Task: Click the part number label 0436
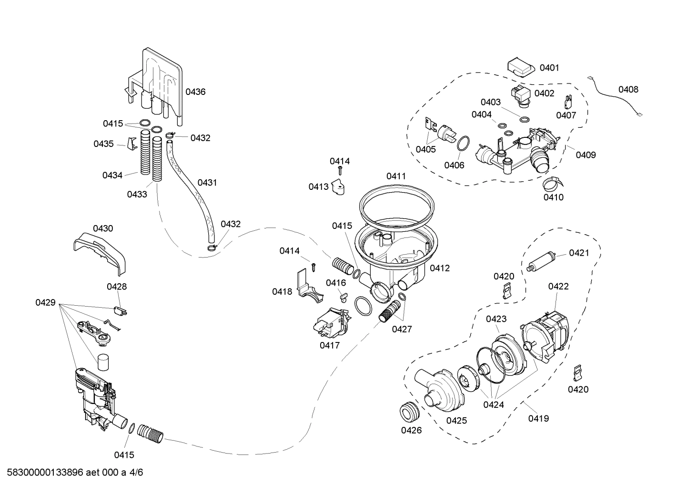click(195, 92)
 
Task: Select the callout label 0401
click(549, 68)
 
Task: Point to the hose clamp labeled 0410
click(552, 183)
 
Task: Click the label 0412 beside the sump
click(439, 269)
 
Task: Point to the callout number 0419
click(538, 419)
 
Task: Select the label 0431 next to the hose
click(207, 183)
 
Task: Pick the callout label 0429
click(45, 303)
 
